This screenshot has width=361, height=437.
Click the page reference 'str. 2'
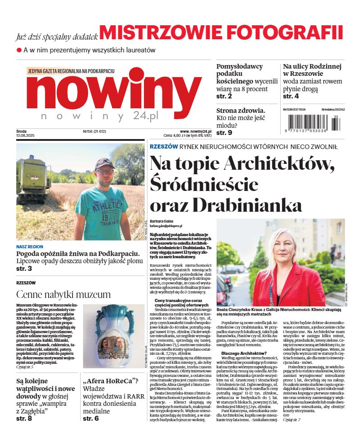pyautogui.click(x=224, y=96)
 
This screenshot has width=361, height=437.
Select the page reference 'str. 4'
pyautogui.click(x=291, y=96)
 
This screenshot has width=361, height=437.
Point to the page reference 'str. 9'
pyautogui.click(x=224, y=133)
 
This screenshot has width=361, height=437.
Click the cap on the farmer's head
pyautogui.click(x=104, y=164)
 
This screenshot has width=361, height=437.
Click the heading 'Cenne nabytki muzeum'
pyautogui.click(x=63, y=295)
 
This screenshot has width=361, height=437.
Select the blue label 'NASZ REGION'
pyautogui.click(x=30, y=247)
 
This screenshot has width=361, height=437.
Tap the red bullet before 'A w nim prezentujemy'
pyautogui.click(x=19, y=50)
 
